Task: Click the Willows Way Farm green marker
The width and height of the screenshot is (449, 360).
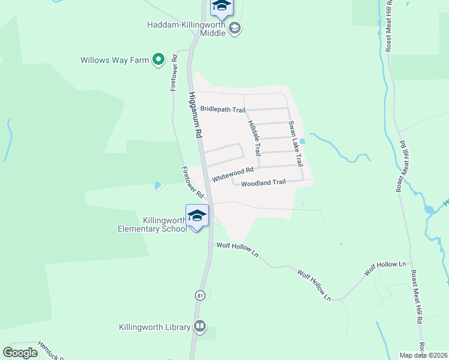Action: pyautogui.click(x=158, y=59)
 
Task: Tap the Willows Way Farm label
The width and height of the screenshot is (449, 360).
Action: pyautogui.click(x=115, y=60)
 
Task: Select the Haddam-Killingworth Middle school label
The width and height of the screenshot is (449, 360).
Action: pyautogui.click(x=185, y=29)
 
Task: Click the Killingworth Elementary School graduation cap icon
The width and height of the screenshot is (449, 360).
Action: pyautogui.click(x=197, y=215)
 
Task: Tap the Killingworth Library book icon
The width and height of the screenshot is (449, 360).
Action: pyautogui.click(x=200, y=327)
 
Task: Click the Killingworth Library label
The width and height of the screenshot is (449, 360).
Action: pyautogui.click(x=154, y=327)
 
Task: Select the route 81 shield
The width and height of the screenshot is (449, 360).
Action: pyautogui.click(x=199, y=295)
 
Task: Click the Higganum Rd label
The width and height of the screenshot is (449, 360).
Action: pyautogui.click(x=194, y=116)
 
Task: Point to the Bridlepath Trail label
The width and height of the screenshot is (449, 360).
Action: pyautogui.click(x=223, y=109)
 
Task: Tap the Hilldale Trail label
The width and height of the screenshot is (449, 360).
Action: pyautogui.click(x=254, y=137)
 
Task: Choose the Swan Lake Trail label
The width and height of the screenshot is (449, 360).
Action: pyautogui.click(x=295, y=144)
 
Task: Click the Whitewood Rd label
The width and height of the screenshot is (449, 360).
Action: pyautogui.click(x=233, y=175)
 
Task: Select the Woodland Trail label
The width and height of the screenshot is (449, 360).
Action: pyautogui.click(x=263, y=182)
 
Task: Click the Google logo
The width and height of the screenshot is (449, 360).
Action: pyautogui.click(x=20, y=353)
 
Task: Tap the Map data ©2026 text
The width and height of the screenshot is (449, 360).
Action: pyautogui.click(x=423, y=355)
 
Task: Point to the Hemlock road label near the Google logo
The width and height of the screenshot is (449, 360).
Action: pyautogui.click(x=50, y=347)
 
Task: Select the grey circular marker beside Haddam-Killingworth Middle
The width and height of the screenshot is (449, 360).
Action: pyautogui.click(x=235, y=28)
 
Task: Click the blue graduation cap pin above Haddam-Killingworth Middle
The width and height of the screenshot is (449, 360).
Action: pyautogui.click(x=221, y=7)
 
